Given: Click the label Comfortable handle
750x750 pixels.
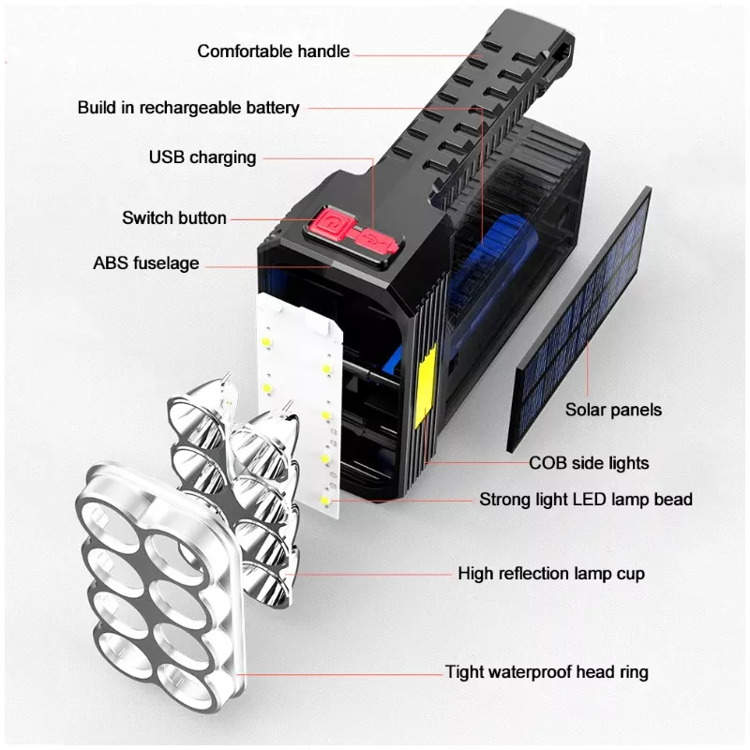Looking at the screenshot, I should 273,52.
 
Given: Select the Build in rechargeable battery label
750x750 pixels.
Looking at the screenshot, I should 188,108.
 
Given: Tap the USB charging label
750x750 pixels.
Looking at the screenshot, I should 202,157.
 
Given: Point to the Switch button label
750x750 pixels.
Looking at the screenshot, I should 174,218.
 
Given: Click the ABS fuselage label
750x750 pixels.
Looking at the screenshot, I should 146,263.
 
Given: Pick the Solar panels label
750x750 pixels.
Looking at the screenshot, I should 613,410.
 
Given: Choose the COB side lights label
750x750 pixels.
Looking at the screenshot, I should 589,463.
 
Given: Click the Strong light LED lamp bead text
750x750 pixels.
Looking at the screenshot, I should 586,500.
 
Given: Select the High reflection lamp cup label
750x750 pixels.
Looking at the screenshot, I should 551,573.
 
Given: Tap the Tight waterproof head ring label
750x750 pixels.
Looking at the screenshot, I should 547,672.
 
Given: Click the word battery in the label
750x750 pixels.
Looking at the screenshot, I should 270,108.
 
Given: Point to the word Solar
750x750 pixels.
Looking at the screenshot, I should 587,410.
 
